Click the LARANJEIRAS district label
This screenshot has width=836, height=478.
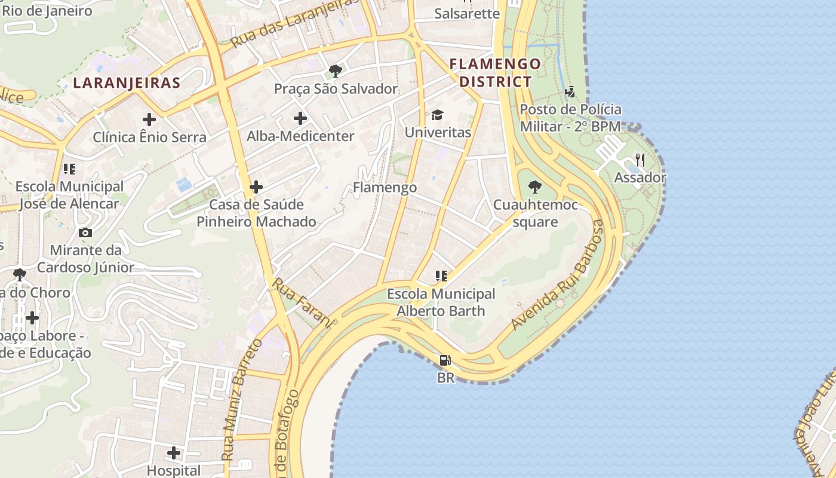[x=127, y=82]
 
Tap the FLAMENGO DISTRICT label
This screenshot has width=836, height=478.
[x=495, y=72]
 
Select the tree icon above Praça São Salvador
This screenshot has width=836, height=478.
[x=336, y=71]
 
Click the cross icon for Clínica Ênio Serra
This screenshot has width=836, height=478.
[x=149, y=119]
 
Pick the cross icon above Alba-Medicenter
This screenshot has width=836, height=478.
[x=300, y=118]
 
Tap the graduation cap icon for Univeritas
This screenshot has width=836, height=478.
[x=438, y=115]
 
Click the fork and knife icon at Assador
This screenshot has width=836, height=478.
[x=640, y=160]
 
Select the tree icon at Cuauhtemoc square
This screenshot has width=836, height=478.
[x=535, y=187]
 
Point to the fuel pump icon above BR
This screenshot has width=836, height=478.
[x=445, y=360]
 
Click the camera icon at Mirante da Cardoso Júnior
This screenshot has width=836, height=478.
[x=85, y=232]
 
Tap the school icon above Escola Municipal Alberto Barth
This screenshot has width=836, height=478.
[x=441, y=276]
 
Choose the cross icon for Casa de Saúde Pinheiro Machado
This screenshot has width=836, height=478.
[x=256, y=187]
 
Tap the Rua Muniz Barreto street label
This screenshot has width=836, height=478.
[x=242, y=399]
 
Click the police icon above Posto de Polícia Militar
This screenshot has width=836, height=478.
[x=570, y=92]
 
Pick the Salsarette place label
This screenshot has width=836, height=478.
[x=466, y=13]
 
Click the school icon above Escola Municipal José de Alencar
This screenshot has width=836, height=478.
[x=69, y=169]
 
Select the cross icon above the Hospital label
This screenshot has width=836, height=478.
[x=174, y=453]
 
